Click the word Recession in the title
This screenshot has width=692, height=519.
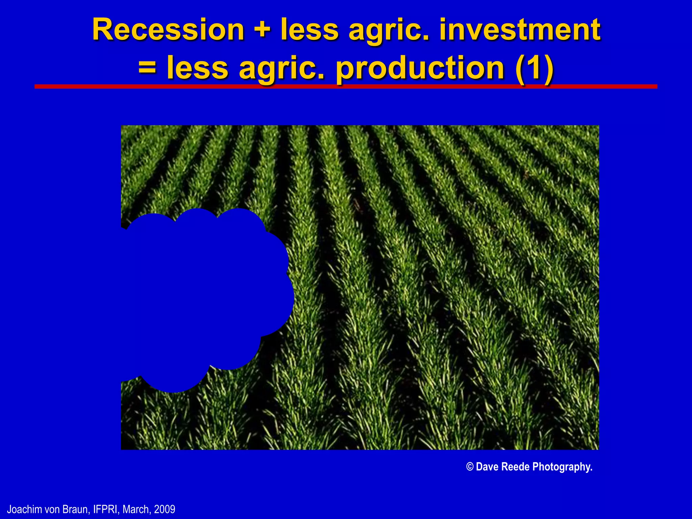pyautogui.click(x=168, y=30)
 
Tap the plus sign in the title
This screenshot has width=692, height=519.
pyautogui.click(x=262, y=30)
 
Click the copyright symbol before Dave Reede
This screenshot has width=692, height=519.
pyautogui.click(x=470, y=467)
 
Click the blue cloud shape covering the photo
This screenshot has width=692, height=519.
pyautogui.click(x=203, y=297)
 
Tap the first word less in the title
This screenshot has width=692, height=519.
pyautogui.click(x=310, y=30)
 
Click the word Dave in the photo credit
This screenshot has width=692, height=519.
pyautogui.click(x=487, y=467)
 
